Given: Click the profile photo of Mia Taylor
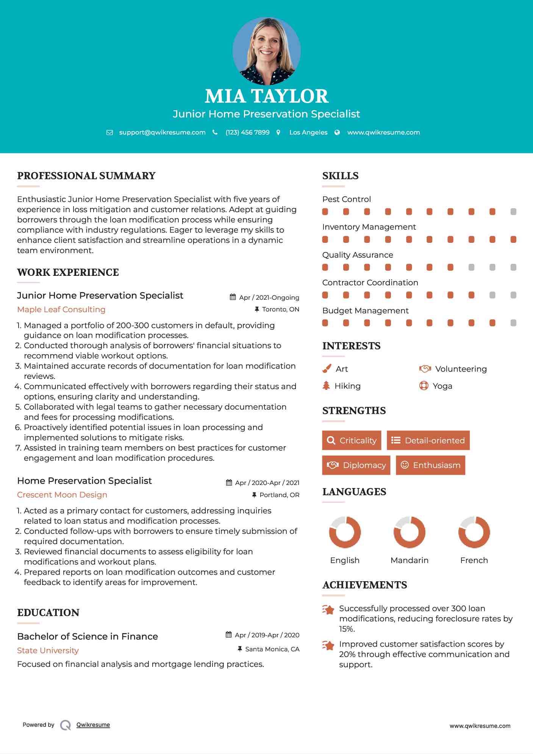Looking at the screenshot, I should click(x=266, y=51).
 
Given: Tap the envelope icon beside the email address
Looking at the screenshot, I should click(x=109, y=133).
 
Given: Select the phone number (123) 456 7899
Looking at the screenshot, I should click(x=247, y=133).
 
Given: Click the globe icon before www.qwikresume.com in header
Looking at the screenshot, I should click(x=337, y=133).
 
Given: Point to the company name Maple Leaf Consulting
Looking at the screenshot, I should click(x=61, y=310).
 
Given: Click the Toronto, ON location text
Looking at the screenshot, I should click(x=280, y=310).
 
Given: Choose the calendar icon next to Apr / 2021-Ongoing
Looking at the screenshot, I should click(x=233, y=297).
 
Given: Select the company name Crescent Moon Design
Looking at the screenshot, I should click(x=62, y=495).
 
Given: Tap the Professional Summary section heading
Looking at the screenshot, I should click(x=86, y=176).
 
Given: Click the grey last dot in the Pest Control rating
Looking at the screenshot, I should click(x=513, y=212).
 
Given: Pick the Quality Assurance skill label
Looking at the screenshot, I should click(x=358, y=255).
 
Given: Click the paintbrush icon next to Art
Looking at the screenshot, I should click(x=327, y=369).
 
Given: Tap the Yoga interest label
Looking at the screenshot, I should click(x=442, y=386).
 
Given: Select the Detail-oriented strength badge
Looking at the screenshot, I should click(x=428, y=440).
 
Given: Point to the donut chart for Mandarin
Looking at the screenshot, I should click(x=409, y=532).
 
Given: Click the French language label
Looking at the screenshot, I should click(x=474, y=560).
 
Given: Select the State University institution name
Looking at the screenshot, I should click(x=48, y=651).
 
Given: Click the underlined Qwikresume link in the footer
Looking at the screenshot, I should click(x=93, y=725).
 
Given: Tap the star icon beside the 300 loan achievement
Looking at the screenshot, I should click(x=328, y=610).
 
